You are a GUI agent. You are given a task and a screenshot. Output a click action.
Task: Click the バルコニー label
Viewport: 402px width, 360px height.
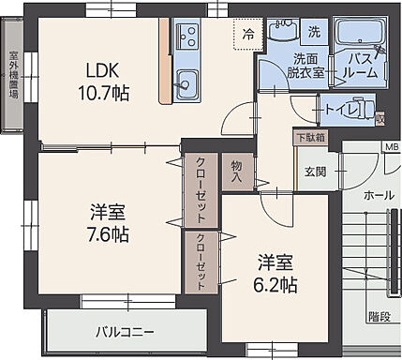124,331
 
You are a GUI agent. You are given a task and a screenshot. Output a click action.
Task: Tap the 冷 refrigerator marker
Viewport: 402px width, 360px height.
247,34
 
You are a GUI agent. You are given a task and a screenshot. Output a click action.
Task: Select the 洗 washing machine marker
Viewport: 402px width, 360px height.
314,32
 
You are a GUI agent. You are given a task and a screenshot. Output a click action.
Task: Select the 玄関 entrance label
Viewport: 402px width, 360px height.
316,171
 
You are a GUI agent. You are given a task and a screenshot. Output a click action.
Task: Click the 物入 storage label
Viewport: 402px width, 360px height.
237,171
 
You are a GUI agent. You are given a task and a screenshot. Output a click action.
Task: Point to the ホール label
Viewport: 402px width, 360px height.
378,197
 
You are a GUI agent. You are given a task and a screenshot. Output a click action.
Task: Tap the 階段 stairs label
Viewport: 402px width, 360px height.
378,317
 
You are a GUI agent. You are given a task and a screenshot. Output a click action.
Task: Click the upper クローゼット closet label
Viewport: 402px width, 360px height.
201,186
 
